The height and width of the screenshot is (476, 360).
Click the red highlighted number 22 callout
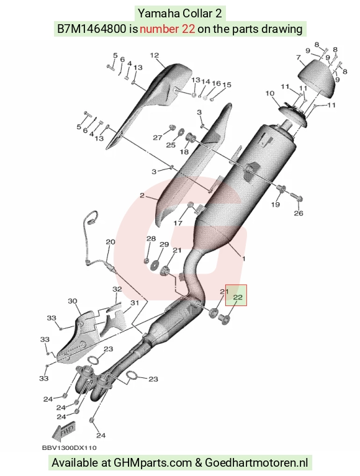pos(238,297)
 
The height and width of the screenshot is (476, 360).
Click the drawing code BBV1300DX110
pos(70,448)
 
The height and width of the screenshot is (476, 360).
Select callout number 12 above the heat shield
pos(155,55)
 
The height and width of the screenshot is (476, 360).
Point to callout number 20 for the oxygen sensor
pos(110,242)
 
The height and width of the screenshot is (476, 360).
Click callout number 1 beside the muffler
pos(243,258)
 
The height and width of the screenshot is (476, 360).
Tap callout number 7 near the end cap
pos(299,57)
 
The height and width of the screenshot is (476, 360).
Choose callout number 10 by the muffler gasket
pos(270,94)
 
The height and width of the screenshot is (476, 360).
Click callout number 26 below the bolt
pos(299,213)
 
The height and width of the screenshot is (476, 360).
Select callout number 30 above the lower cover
pos(72,301)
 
